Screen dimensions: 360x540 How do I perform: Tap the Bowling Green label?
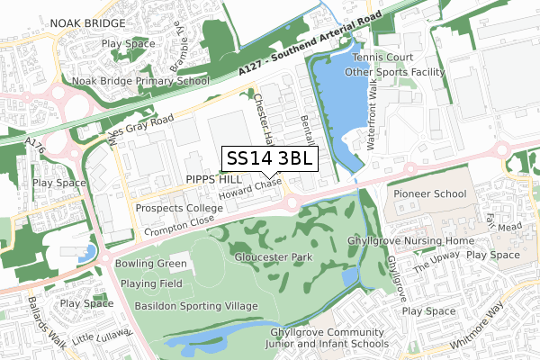point(150,264)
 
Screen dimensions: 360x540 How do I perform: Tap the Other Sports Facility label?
point(396,72)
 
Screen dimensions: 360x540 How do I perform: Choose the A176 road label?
point(34,142)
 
